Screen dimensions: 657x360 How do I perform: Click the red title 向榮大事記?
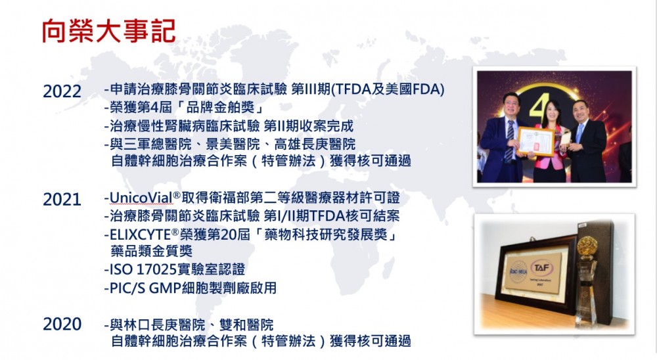(108, 31)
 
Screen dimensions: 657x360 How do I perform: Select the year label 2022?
(62, 91)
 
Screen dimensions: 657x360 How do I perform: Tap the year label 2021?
(62, 200)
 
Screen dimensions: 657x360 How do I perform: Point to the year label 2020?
(62, 325)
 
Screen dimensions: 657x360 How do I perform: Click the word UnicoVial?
(141, 197)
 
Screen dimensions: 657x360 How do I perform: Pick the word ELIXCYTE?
(141, 235)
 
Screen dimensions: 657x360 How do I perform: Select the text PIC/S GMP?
(145, 288)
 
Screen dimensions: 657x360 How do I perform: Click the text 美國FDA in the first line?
(413, 89)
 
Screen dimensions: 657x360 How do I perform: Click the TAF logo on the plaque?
(542, 267)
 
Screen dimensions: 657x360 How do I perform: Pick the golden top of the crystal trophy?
(586, 246)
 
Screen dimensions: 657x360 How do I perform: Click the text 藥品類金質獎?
(152, 251)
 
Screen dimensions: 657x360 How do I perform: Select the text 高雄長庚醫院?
(315, 144)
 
